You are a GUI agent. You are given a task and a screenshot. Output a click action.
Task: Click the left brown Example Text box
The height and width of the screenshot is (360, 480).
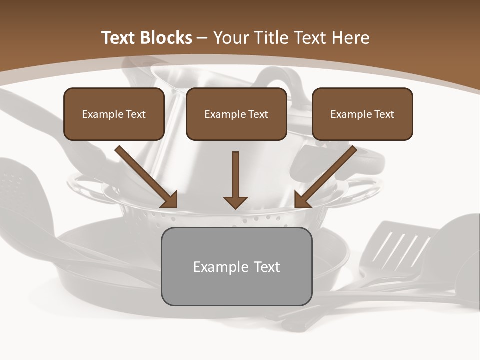point(114,114)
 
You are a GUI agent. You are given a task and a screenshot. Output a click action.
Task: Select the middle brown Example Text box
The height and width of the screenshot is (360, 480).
point(236,114)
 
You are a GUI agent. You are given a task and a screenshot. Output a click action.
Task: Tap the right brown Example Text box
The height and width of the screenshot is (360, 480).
point(362,114)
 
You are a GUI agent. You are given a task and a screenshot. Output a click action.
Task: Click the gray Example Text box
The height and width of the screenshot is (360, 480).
point(236,266)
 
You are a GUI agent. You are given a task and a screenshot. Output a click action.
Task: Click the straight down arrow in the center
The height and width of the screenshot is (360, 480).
point(235,180)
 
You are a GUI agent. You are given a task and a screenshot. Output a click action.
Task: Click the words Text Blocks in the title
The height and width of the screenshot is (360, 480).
point(147,38)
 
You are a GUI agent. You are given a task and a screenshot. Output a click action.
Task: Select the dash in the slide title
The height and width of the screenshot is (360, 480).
point(202,38)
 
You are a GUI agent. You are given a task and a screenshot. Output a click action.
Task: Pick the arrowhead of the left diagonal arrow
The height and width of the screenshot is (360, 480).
point(170,200)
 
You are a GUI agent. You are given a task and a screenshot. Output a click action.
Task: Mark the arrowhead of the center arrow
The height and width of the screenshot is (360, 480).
point(235,202)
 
